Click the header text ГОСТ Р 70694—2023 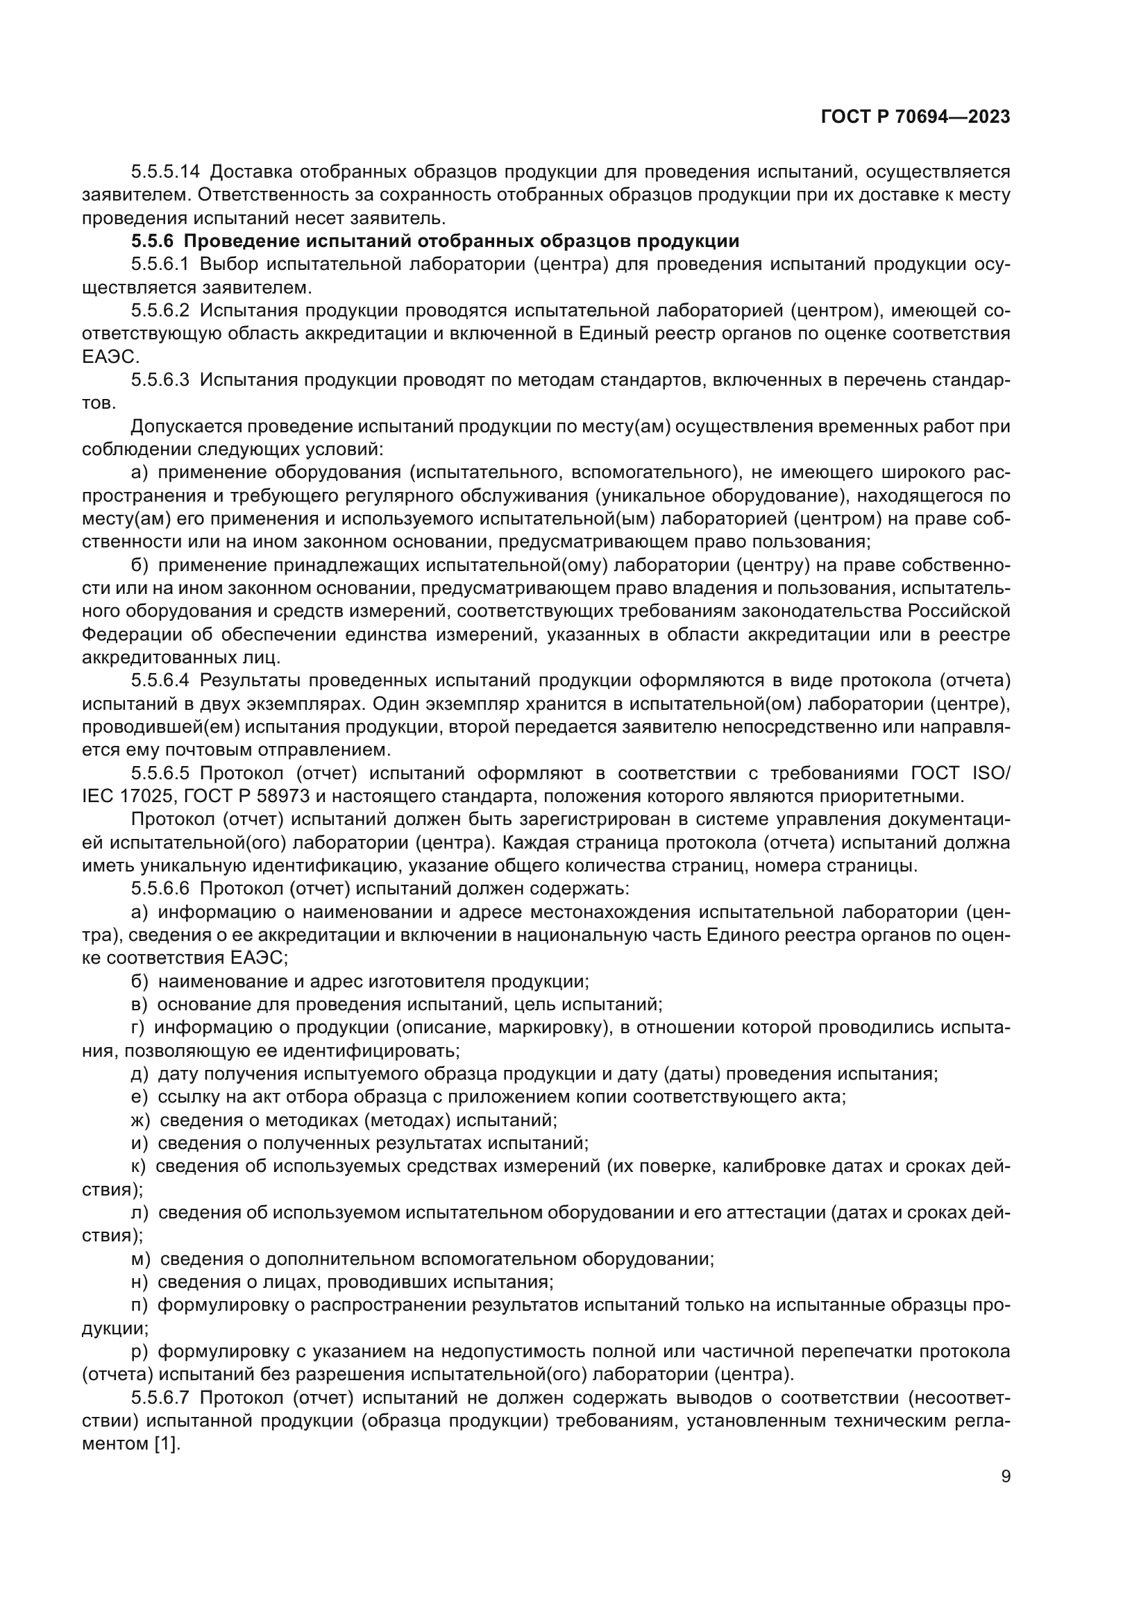(x=915, y=117)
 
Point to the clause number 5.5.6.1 (x=160, y=264)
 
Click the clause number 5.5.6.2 (x=160, y=310)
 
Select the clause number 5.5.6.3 (x=160, y=380)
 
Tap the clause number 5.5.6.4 (x=160, y=680)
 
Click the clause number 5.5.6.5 (x=160, y=772)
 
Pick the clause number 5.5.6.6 (x=160, y=888)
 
